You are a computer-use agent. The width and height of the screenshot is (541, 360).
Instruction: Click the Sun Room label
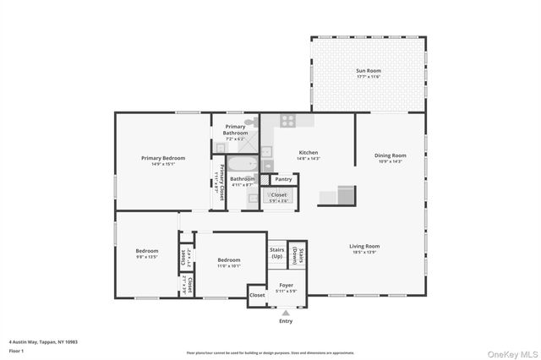pos(367,72)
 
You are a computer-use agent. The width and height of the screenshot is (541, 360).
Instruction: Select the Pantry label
pos(283,179)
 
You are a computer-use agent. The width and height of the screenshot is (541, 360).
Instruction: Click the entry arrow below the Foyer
pos(286,313)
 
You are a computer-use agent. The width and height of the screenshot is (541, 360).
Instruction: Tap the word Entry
pos(286,321)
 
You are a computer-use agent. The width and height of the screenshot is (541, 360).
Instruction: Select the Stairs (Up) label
pos(276,253)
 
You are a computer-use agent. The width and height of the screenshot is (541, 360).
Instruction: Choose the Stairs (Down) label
pos(297,253)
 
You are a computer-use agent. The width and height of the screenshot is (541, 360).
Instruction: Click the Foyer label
pos(286,286)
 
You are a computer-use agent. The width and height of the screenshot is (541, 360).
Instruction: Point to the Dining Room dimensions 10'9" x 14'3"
pos(391,161)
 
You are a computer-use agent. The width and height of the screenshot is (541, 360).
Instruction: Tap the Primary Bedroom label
pos(162,158)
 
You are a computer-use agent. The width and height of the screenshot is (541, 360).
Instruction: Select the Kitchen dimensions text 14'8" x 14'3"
pos(308,158)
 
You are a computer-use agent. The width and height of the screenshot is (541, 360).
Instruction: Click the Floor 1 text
pos(17,349)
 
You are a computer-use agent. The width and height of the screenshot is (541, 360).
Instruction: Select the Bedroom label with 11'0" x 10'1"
pos(229,260)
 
